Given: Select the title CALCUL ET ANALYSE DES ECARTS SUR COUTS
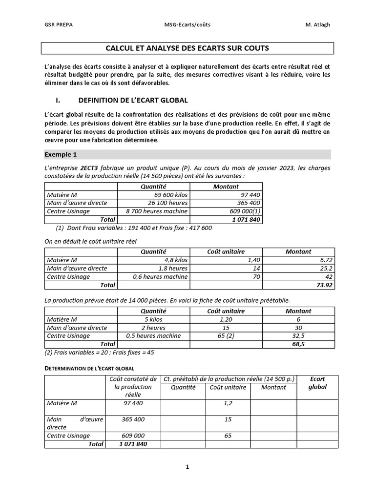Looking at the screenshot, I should (x=187, y=48).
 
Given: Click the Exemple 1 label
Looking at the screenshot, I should (x=61, y=154).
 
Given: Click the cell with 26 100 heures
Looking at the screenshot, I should (x=168, y=203).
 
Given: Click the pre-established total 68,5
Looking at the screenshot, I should (x=325, y=344).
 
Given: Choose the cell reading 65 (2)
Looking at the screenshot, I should (x=226, y=336).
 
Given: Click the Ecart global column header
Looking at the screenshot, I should (x=317, y=383).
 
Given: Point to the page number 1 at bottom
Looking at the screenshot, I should (x=187, y=467).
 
